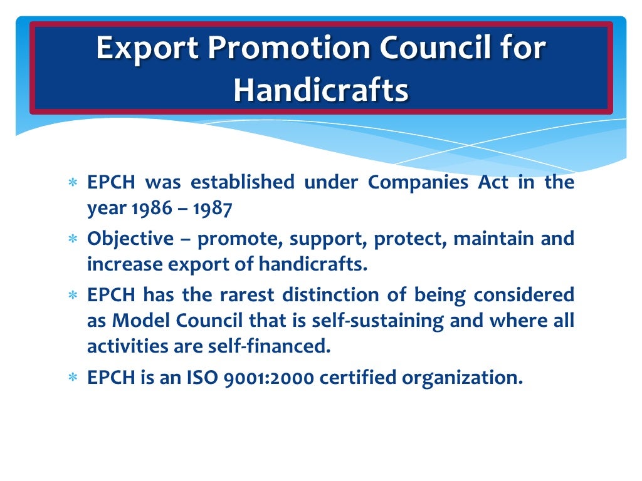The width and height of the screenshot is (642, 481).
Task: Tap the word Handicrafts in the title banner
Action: (x=321, y=90)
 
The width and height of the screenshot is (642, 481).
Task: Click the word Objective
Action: (x=130, y=239)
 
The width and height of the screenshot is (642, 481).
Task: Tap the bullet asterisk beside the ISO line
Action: (x=73, y=378)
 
